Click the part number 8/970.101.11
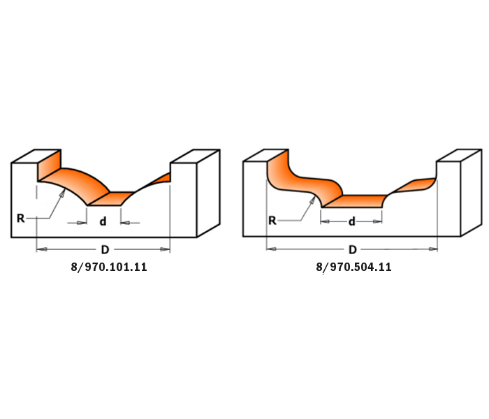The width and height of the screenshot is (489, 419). pyautogui.click(x=109, y=267)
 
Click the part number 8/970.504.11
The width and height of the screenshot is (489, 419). pyautogui.click(x=353, y=267)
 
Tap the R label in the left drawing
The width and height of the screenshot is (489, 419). pyautogui.click(x=20, y=218)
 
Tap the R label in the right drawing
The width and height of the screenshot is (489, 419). pyautogui.click(x=272, y=221)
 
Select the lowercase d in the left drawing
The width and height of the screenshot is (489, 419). pyautogui.click(x=103, y=221)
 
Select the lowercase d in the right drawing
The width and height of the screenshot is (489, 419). pyautogui.click(x=352, y=221)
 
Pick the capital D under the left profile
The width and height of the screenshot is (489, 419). pyautogui.click(x=105, y=249)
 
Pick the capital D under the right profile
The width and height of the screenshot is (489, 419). pyautogui.click(x=352, y=249)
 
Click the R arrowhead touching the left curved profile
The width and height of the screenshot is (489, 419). pyautogui.click(x=63, y=193)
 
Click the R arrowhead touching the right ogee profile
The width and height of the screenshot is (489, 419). pyautogui.click(x=312, y=200)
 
